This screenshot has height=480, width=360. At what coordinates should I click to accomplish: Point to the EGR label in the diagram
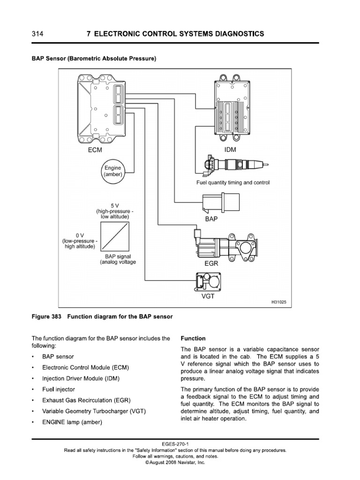[212, 264]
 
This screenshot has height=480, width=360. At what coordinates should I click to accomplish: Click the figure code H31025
[279, 303]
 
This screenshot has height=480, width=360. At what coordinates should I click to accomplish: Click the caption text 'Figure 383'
[47, 317]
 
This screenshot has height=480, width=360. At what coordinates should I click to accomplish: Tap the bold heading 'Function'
[193, 338]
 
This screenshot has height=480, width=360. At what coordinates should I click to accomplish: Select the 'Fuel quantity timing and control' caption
[233, 182]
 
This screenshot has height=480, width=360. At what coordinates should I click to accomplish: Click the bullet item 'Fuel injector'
[59, 390]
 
